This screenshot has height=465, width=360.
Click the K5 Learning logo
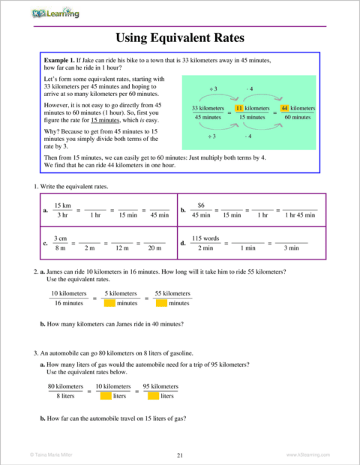55,12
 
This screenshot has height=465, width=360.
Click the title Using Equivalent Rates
179,37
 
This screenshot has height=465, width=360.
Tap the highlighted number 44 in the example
284,109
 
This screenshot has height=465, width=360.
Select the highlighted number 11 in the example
230,109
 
